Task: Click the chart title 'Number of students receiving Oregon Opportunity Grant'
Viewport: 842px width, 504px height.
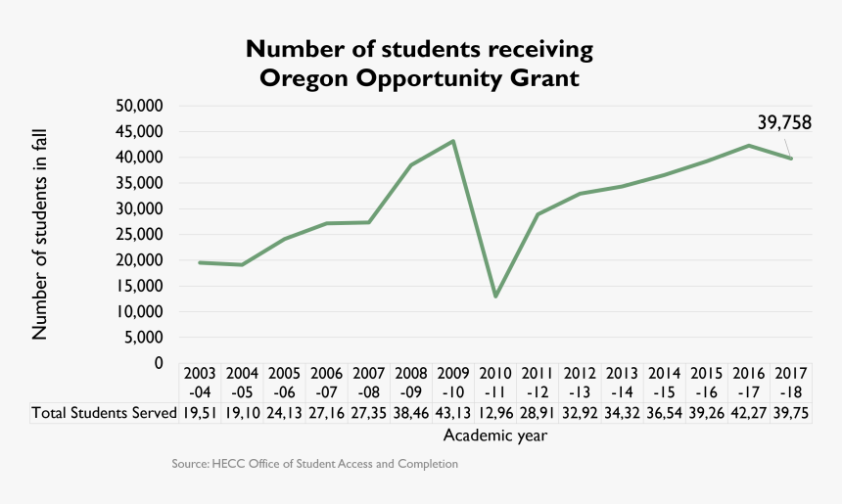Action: click(420, 63)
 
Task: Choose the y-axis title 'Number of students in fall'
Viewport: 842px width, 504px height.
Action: click(40, 235)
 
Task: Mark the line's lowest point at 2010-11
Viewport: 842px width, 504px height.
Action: click(495, 296)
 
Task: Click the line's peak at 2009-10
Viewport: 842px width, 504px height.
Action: click(453, 141)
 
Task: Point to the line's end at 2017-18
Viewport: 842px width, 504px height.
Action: click(791, 159)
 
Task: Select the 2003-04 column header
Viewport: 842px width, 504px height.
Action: click(200, 382)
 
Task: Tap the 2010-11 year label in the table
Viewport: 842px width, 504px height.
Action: click(495, 382)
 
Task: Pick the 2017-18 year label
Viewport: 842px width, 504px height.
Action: click(791, 382)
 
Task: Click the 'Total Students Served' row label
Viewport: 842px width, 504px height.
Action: click(103, 413)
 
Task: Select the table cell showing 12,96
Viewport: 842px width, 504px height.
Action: click(495, 413)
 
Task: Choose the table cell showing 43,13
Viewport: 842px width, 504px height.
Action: click(453, 413)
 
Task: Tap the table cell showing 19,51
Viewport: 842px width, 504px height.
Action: click(200, 413)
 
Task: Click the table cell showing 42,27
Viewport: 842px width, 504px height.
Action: click(749, 413)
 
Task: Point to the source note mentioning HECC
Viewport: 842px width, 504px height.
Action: click(314, 464)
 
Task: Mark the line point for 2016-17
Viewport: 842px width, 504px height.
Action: click(749, 146)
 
